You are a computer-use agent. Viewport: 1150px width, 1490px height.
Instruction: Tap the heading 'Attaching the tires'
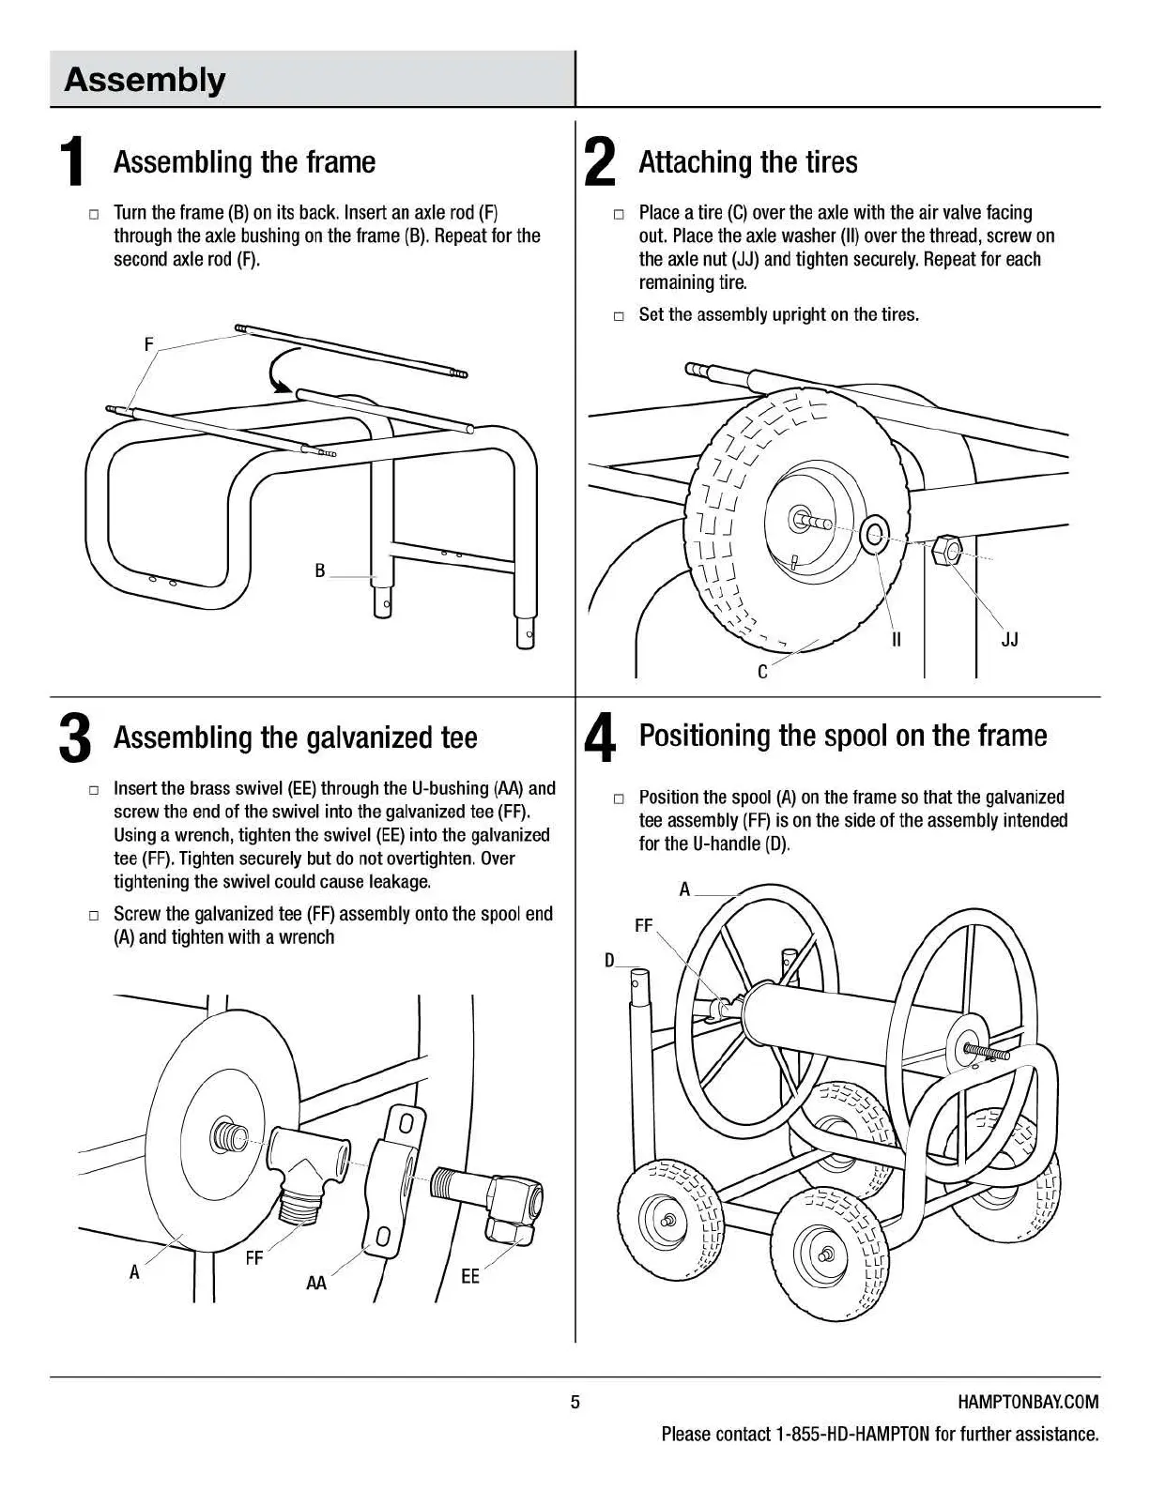[x=747, y=162]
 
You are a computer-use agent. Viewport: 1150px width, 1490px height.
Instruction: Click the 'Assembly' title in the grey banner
[x=145, y=80]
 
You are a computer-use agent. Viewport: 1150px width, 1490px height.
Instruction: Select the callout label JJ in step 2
[x=1009, y=640]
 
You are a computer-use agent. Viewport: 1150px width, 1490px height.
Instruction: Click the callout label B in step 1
[x=320, y=570]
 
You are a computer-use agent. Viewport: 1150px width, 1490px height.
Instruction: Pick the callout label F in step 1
[x=148, y=344]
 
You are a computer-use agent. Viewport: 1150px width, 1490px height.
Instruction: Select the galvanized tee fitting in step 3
[x=308, y=1164]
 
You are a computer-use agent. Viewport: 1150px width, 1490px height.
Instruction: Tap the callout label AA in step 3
[x=316, y=1283]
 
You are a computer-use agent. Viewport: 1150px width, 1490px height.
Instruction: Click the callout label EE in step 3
[x=469, y=1276]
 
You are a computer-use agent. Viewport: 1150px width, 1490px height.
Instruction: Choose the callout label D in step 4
[x=610, y=960]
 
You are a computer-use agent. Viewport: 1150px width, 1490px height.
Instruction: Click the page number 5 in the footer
[x=575, y=1402]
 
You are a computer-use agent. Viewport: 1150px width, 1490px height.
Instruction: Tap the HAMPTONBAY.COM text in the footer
[x=1028, y=1402]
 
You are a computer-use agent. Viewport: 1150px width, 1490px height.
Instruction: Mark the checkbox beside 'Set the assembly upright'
[x=619, y=316]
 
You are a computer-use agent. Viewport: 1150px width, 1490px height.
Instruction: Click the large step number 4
[x=600, y=738]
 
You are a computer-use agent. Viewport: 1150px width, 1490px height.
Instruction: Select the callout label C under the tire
[x=762, y=672]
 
